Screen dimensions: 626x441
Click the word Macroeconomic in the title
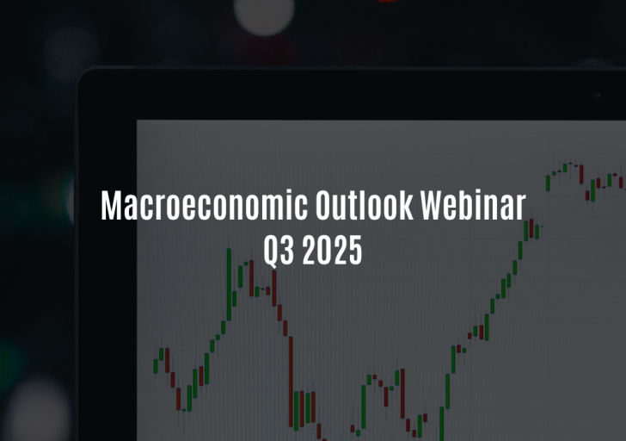point(204,205)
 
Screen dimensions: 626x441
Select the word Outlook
point(364,205)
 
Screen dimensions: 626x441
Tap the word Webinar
point(473,205)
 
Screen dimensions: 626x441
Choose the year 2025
point(332,251)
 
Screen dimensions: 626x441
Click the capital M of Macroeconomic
point(112,205)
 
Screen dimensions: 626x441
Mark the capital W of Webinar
point(434,205)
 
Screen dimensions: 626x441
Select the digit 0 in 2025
point(324,251)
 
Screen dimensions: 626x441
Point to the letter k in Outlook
point(407,205)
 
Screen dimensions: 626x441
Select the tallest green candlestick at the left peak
point(229,284)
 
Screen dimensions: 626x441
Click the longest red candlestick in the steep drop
point(291,382)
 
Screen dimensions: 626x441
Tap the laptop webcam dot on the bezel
point(598,95)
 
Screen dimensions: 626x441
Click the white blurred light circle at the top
point(264,11)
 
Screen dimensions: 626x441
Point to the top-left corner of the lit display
point(137,120)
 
